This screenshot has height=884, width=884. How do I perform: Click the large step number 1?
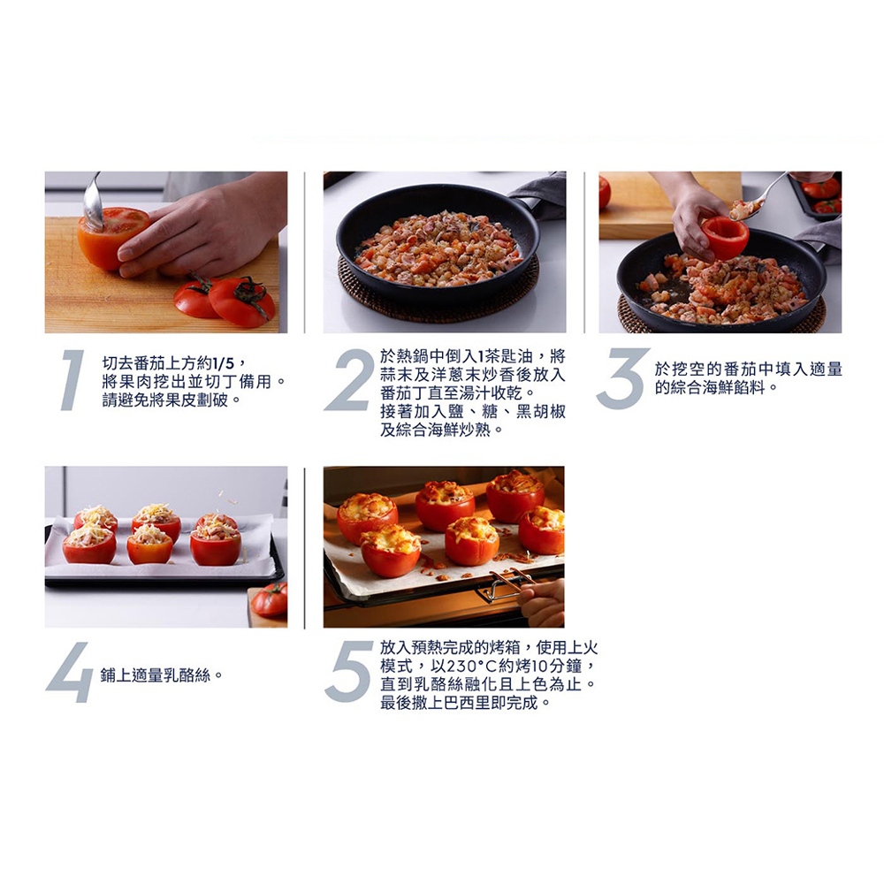point(72,379)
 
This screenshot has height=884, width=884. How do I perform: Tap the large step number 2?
point(348,379)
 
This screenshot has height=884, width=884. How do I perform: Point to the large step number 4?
point(69,673)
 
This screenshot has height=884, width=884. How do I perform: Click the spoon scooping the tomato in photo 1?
point(93,203)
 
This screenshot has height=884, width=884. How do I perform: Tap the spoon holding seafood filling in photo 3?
point(756,197)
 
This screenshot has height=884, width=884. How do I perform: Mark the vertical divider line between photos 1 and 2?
point(304,252)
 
